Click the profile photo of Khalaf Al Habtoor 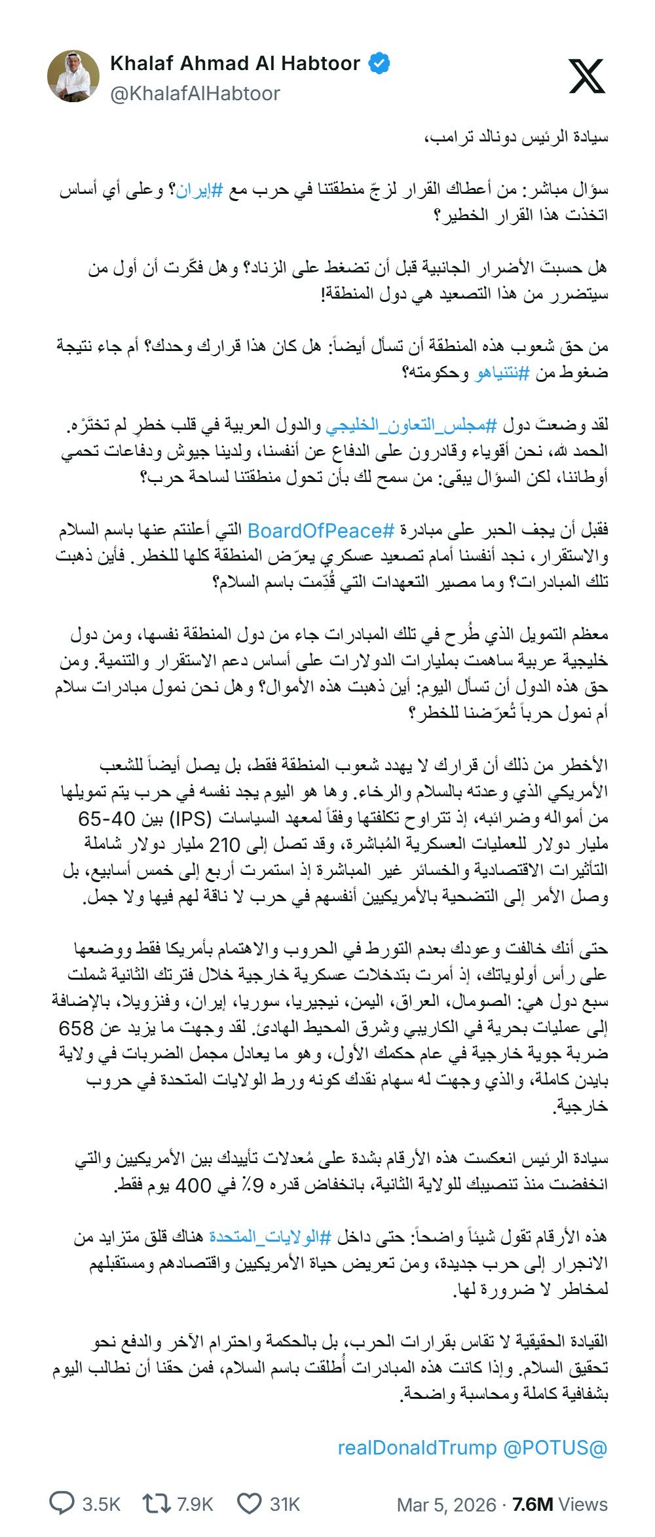73,77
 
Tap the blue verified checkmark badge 380,64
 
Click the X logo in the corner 586,76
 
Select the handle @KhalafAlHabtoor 195,94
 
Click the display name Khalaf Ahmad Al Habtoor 235,64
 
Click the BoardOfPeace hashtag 321,530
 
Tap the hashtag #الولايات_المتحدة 270,1236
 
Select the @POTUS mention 555,1447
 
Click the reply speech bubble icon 64,1504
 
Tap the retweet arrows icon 157,1504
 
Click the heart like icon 249,1504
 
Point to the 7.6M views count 559,1504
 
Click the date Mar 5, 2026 446,1504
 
